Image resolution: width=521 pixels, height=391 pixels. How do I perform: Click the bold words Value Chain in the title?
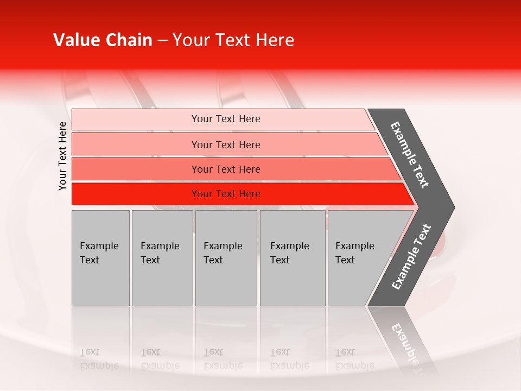pos(103,40)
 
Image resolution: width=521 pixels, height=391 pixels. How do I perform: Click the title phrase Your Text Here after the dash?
pos(233,40)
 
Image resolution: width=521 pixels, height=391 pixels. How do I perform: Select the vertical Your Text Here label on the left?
pos(62,156)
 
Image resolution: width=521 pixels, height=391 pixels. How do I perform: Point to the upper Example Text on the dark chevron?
pos(410,155)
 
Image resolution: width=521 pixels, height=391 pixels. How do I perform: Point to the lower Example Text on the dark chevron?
pos(411,257)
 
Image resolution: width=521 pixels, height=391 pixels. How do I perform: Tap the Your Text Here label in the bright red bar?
pos(226,194)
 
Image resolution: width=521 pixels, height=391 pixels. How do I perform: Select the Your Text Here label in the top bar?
pos(226,119)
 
